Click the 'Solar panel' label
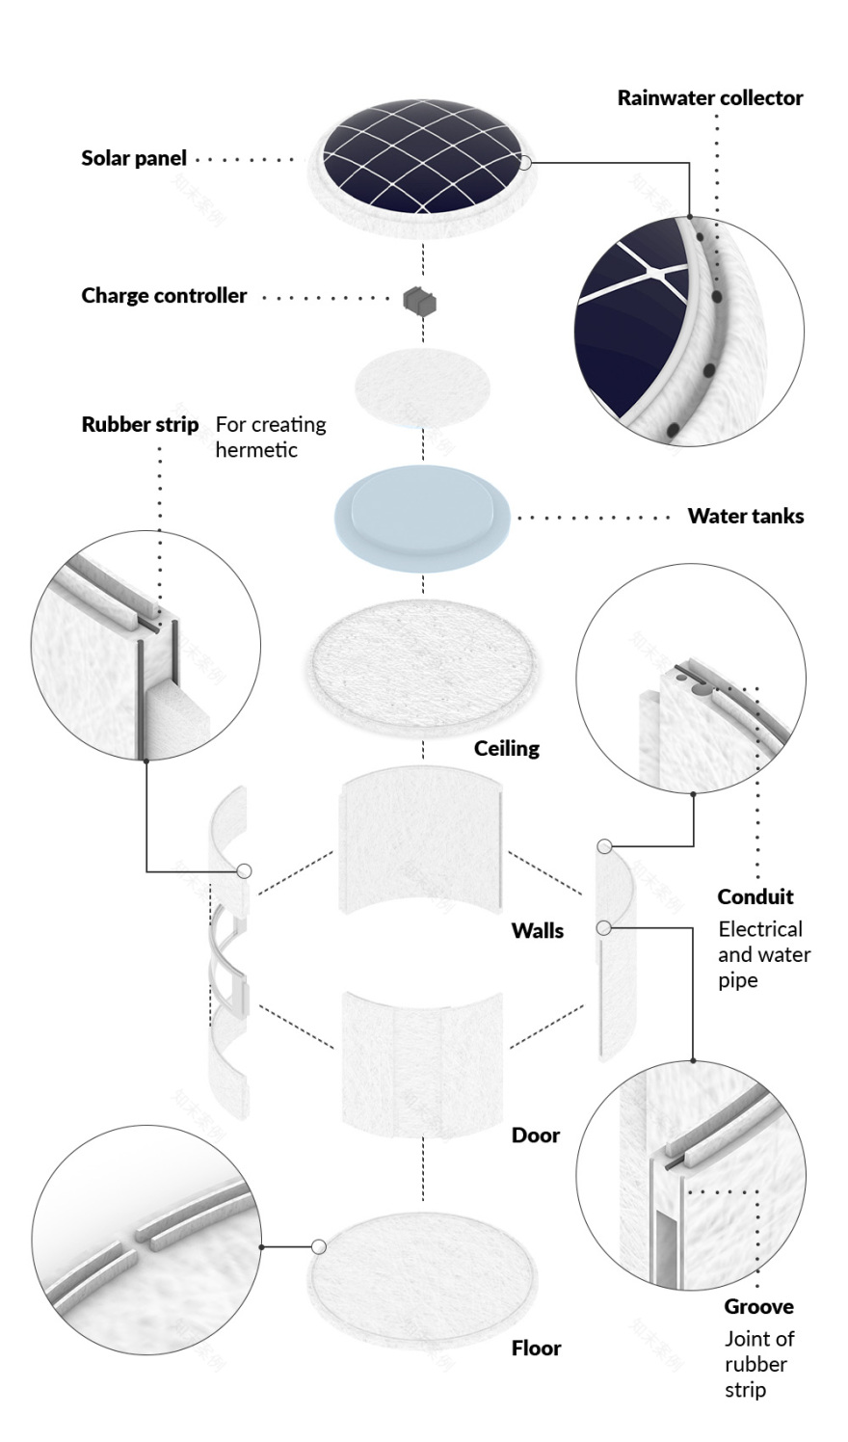pyautogui.click(x=134, y=158)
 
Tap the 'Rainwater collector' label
pyautogui.click(x=709, y=97)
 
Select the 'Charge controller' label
pyautogui.click(x=164, y=296)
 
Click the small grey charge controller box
pyautogui.click(x=420, y=300)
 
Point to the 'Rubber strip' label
pyautogui.click(x=140, y=424)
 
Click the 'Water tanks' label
pyautogui.click(x=745, y=516)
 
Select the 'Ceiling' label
pyautogui.click(x=506, y=748)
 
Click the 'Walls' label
pyautogui.click(x=537, y=930)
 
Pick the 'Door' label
pyautogui.click(x=535, y=1135)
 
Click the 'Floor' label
pyautogui.click(x=536, y=1348)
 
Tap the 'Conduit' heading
pyautogui.click(x=755, y=896)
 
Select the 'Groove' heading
pyautogui.click(x=758, y=1306)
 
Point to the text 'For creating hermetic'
pyautogui.click(x=270, y=437)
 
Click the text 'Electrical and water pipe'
pyautogui.click(x=763, y=954)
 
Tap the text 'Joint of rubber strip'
pyautogui.click(x=758, y=1364)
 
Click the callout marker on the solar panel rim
pyautogui.click(x=525, y=163)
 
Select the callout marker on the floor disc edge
pyautogui.click(x=320, y=1246)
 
